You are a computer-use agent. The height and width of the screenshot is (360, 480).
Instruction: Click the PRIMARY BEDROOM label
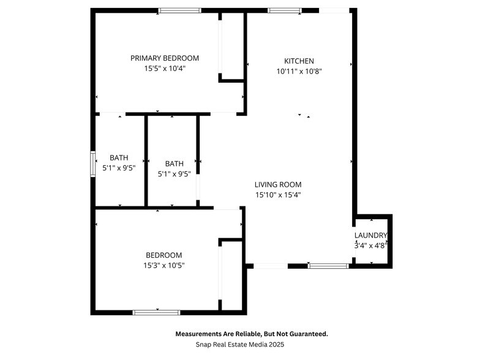pos(165,58)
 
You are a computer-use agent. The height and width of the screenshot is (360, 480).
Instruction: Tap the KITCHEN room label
pos(299,61)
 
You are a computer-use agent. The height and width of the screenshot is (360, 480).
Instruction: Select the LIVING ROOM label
pos(278,184)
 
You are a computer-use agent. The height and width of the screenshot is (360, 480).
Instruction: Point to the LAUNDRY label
pos(370,236)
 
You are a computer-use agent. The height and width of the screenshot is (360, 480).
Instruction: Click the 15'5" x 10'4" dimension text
pos(165,69)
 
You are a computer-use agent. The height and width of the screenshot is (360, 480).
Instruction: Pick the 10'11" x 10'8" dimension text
pos(299,71)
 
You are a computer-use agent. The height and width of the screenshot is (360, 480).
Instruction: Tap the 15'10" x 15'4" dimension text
pos(278,195)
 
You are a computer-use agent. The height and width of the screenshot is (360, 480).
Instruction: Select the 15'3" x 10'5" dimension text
pos(163,266)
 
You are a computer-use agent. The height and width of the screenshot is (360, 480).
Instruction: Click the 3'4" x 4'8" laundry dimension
pos(370,246)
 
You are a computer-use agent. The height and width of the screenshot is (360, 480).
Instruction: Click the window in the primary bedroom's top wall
pos(179,10)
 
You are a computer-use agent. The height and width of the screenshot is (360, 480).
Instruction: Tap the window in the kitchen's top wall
pos(285,10)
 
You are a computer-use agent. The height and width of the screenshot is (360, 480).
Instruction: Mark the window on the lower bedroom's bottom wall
pos(157,312)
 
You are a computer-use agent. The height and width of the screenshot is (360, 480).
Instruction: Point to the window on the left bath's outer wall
pos(94,164)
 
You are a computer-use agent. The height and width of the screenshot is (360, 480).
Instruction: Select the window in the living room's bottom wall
pos(328,266)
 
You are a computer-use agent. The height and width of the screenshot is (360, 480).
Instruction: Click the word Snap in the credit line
pos(204,345)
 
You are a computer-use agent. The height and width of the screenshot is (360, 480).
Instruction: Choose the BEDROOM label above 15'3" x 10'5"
pos(163,255)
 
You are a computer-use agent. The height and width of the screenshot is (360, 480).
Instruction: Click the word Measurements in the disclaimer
pos(199,334)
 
